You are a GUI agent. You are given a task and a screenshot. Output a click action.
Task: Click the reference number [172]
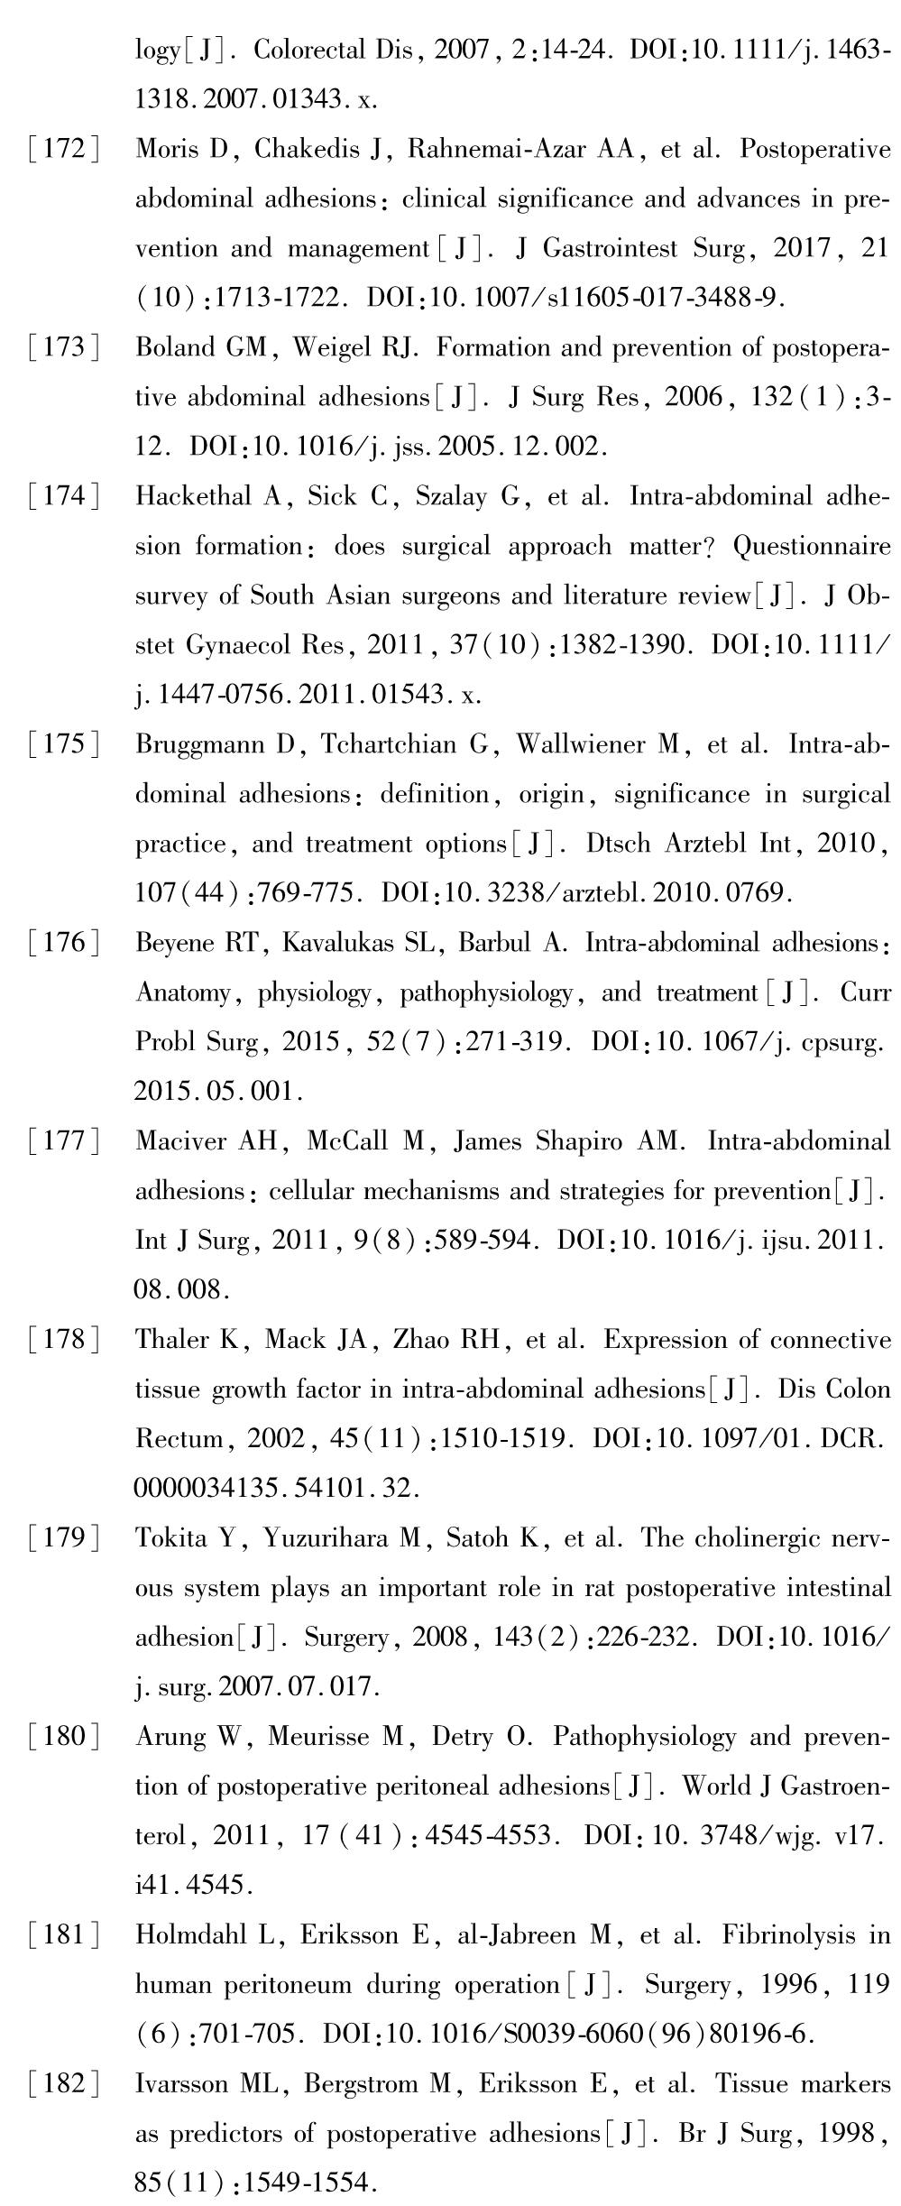pos(63,150)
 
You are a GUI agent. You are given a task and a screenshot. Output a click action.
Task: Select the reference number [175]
pos(63,745)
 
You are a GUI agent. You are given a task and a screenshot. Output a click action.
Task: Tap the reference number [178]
pos(63,1341)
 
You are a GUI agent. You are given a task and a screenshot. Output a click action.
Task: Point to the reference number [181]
pos(63,1936)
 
